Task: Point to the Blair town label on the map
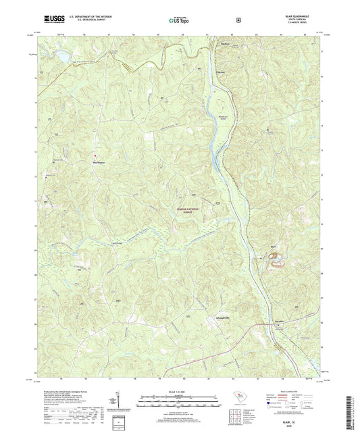point(274,246)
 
